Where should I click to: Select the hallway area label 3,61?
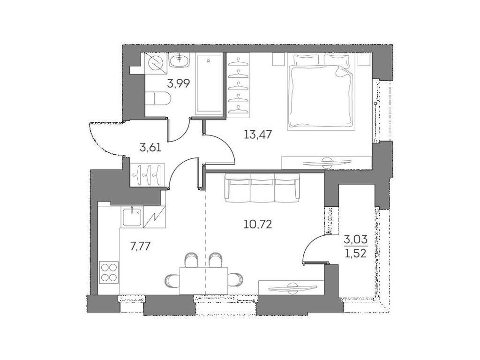point(150,148)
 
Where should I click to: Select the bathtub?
point(209,84)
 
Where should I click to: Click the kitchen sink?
point(132,217)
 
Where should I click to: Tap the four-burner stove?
point(109,273)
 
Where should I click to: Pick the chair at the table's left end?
point(172,281)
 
